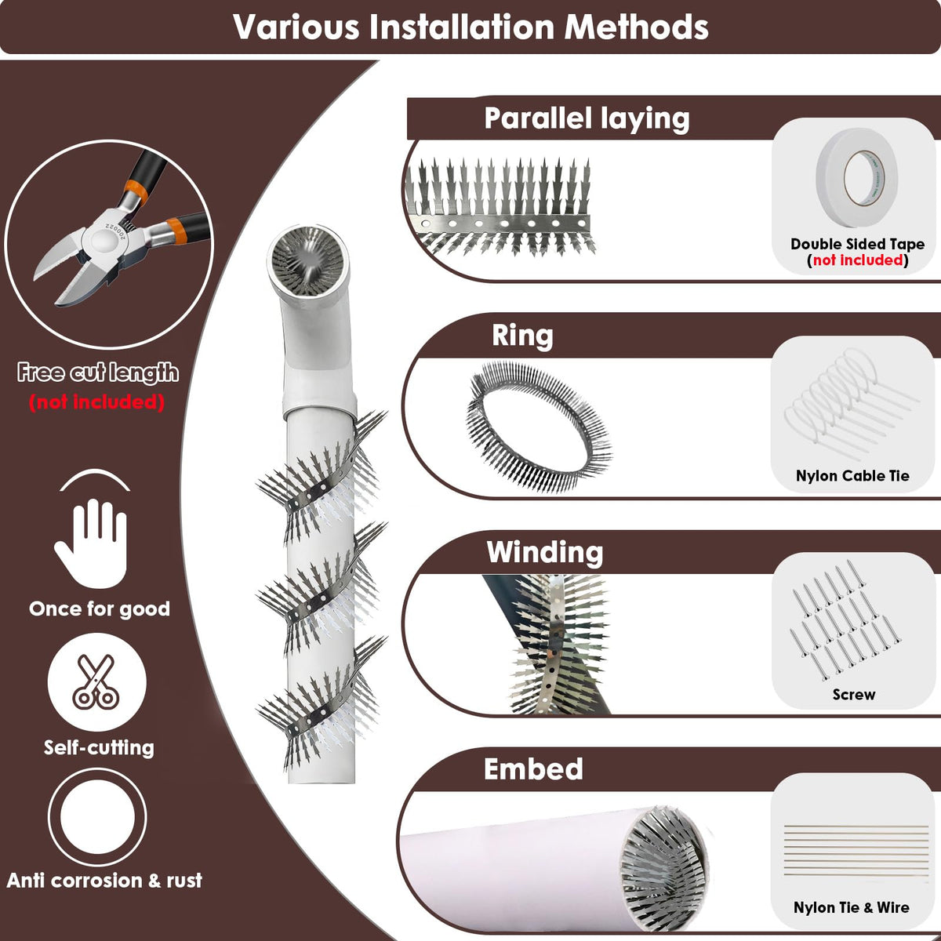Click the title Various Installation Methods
(470, 27)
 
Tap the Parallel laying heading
(587, 119)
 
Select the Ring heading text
(522, 336)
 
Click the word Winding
(545, 552)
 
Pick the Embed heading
(533, 769)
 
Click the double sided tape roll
(856, 176)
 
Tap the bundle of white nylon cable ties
(851, 404)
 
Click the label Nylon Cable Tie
(852, 476)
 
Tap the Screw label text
(854, 694)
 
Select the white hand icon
(93, 543)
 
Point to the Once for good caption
(99, 609)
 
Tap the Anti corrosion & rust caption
(104, 881)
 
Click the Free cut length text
(98, 372)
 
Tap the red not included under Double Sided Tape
(858, 260)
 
